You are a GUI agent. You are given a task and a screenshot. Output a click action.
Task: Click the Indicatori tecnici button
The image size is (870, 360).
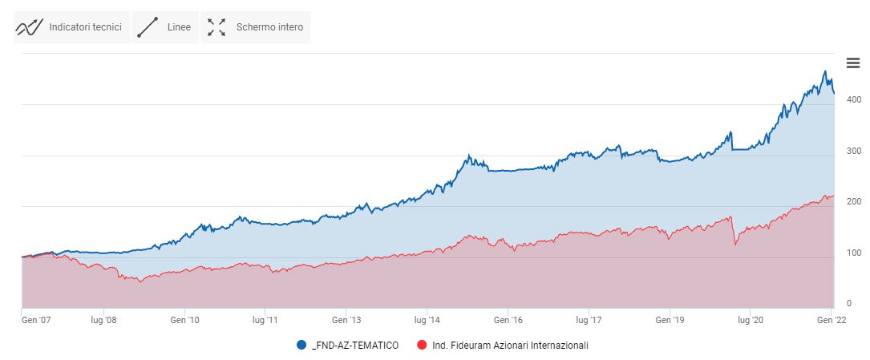[71, 27]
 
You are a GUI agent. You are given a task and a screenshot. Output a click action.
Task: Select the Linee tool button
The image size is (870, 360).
[164, 27]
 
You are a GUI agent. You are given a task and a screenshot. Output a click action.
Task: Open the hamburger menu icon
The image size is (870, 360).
[853, 63]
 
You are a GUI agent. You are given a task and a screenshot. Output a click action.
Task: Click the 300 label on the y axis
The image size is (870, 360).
[853, 151]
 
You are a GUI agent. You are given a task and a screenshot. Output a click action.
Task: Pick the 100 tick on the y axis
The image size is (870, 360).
[853, 253]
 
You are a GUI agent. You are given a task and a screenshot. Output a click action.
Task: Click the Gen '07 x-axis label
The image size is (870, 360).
[34, 319]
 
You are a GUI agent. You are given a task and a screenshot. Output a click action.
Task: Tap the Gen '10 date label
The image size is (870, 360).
[184, 319]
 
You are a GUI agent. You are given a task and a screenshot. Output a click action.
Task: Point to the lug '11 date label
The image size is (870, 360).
[265, 319]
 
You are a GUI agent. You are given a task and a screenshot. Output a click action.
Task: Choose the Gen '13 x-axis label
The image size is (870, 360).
[346, 319]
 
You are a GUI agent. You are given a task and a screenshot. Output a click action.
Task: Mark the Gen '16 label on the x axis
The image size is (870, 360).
[508, 319]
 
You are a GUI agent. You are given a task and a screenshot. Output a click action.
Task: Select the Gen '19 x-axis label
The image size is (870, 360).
[669, 319]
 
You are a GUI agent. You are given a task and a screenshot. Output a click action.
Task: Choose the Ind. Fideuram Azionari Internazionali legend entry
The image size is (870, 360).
[503, 345]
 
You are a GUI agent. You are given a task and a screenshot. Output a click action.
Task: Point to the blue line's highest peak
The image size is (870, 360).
[825, 71]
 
